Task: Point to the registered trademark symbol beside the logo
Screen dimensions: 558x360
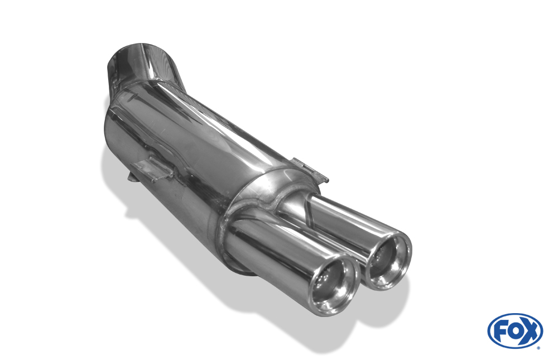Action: (538, 348)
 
